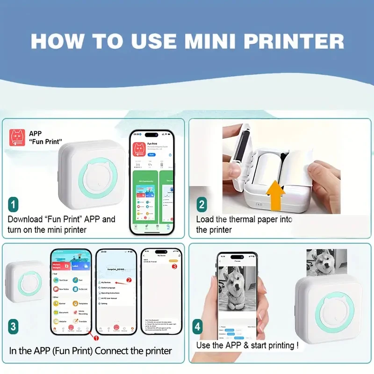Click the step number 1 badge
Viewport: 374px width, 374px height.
pos(14,204)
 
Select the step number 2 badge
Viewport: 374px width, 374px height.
pos(202,204)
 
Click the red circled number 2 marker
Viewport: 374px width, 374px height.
pos(129,280)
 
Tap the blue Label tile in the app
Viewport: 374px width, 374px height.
pos(80,266)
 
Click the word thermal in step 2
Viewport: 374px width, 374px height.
pos(249,219)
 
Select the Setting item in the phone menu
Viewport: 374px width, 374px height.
pos(104,303)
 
